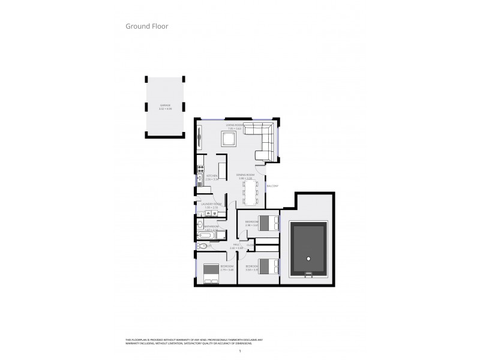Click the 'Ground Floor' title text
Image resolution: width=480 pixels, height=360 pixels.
146,26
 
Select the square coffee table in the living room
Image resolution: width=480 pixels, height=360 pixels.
229,140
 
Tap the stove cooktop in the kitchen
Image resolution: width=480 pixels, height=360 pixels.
201,170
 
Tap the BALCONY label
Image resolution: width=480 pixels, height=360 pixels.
272,186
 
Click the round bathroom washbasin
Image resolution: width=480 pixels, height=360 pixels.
200,224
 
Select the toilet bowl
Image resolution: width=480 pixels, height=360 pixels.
203,247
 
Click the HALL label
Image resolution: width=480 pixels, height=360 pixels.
236,245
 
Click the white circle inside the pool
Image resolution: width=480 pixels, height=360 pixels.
308,259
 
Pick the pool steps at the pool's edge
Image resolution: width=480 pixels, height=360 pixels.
308,275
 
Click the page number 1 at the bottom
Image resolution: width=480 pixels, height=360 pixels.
239,350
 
